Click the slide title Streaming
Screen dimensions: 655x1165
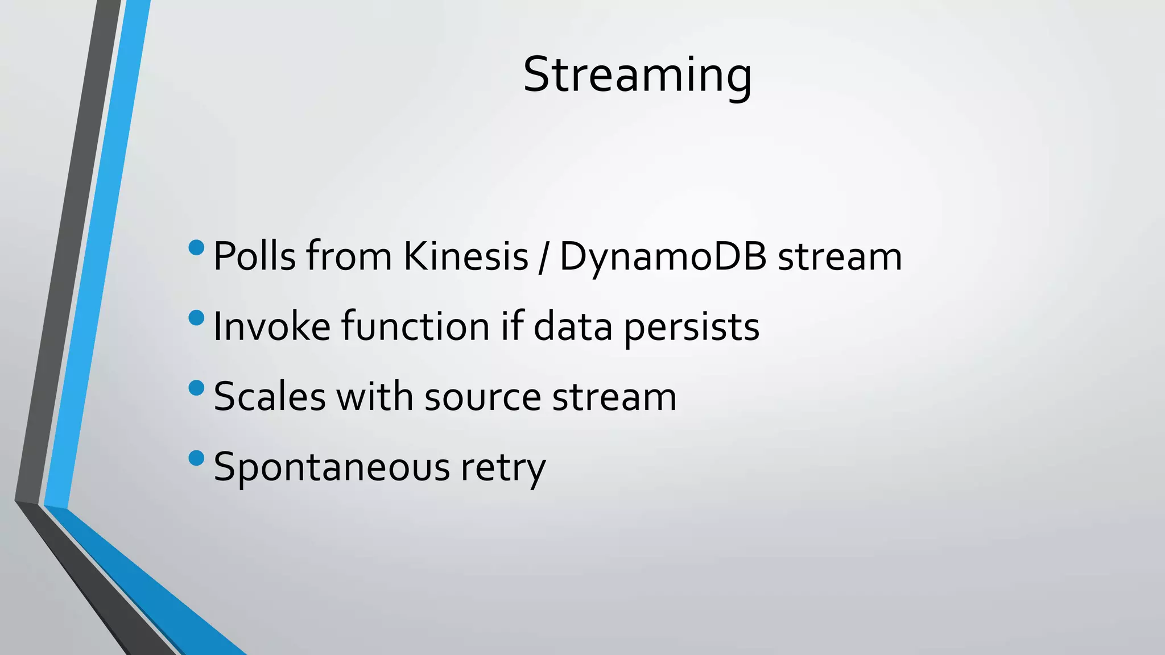click(637, 75)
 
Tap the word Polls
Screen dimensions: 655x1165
click(254, 256)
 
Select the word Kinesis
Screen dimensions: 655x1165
click(466, 256)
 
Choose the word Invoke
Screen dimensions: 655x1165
click(272, 327)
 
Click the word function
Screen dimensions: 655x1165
click(415, 327)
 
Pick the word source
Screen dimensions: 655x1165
click(483, 397)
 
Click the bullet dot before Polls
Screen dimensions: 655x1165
click(196, 247)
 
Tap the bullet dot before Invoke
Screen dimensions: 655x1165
click(196, 318)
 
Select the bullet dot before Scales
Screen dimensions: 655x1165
click(196, 388)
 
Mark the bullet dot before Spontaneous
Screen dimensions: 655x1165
click(196, 458)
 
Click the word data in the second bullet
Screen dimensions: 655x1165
click(573, 327)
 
